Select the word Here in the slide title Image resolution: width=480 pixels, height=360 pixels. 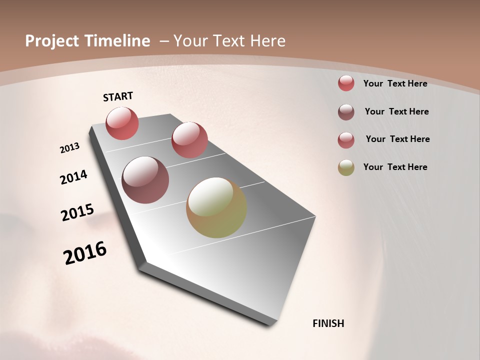click(267, 41)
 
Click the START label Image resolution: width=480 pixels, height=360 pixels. click(118, 96)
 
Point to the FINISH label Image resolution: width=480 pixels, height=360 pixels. click(328, 323)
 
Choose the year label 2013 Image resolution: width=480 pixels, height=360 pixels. click(70, 148)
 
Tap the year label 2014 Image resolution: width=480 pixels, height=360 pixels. click(74, 177)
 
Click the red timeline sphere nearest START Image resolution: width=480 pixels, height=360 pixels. click(122, 123)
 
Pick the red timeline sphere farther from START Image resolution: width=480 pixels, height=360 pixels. click(189, 139)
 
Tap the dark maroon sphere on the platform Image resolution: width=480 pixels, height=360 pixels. click(145, 180)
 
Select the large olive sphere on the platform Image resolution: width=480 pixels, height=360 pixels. click(216, 207)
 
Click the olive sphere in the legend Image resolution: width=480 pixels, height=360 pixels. click(346, 167)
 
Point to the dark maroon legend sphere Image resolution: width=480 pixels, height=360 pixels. click(346, 112)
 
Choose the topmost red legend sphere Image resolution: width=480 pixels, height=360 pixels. click(346, 83)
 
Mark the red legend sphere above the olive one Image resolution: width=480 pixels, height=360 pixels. click(346, 140)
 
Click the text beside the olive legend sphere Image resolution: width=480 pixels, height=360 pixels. click(395, 167)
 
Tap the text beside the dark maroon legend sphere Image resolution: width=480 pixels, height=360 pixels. click(397, 111)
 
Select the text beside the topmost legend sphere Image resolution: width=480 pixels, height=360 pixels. click(395, 83)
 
